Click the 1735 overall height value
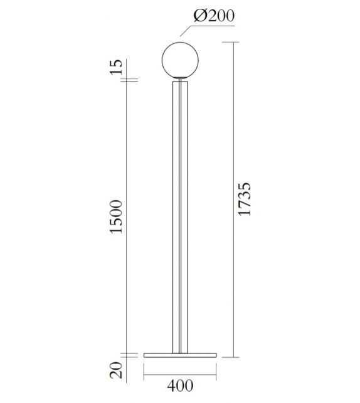point(246,200)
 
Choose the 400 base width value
point(179,386)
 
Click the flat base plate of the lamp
point(180,354)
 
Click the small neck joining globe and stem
point(181,78)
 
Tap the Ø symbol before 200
point(199,16)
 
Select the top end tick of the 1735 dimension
point(234,41)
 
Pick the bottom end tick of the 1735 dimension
point(234,357)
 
